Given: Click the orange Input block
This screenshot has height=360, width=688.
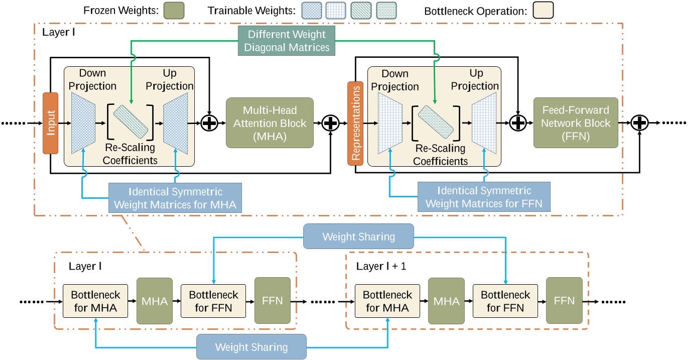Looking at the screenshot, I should click(x=51, y=123).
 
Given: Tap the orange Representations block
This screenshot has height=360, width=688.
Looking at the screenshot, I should click(x=355, y=123).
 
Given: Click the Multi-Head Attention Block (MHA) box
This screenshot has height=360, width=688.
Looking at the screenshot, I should click(x=269, y=123).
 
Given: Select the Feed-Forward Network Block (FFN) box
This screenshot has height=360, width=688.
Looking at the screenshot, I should click(x=575, y=123).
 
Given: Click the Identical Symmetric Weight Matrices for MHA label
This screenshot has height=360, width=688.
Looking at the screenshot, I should click(x=175, y=198).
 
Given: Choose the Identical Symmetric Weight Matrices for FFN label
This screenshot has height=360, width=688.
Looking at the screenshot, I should click(x=484, y=197).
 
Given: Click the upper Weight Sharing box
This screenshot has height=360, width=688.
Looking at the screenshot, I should click(x=359, y=236).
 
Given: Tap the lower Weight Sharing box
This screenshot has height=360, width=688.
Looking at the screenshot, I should click(x=251, y=346).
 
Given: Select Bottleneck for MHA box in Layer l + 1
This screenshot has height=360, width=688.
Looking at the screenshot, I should click(x=387, y=301).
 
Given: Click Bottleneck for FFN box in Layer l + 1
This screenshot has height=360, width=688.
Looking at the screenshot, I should click(x=505, y=301).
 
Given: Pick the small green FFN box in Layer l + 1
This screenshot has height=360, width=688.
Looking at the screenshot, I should click(x=565, y=301).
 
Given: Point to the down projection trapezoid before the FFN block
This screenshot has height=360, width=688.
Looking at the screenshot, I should click(x=389, y=123).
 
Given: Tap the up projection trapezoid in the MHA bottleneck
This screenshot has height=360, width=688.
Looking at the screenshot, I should click(x=176, y=123).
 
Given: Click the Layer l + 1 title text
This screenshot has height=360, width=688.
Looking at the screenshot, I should click(x=381, y=266).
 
